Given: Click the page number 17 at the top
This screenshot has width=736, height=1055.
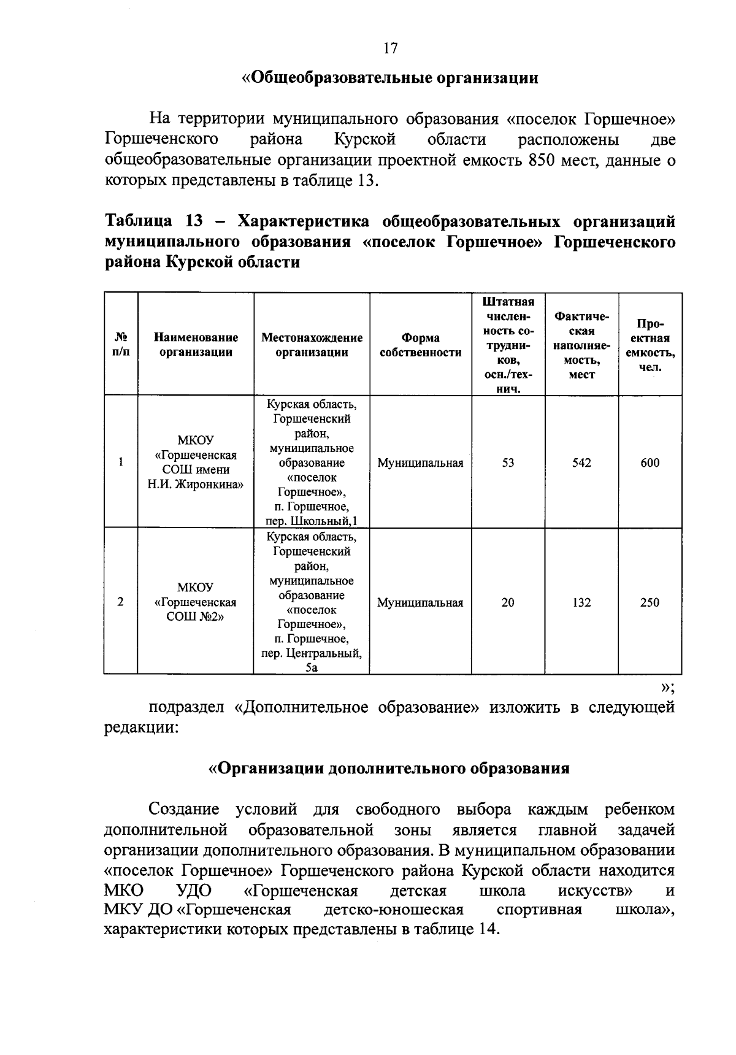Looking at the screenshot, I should pyautogui.click(x=391, y=48).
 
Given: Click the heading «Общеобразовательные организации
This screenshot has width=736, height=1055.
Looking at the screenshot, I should pyautogui.click(x=390, y=78).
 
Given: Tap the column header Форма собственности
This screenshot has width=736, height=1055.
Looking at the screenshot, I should pyautogui.click(x=420, y=345).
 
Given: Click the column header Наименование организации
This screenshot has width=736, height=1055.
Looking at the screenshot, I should pyautogui.click(x=196, y=345).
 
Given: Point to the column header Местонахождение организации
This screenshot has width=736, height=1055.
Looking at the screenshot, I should pyautogui.click(x=312, y=345).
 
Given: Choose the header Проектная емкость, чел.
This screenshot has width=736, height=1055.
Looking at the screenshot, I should pyautogui.click(x=650, y=345).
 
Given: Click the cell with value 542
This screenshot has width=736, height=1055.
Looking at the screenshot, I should pyautogui.click(x=581, y=462).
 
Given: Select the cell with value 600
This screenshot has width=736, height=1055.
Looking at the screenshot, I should pyautogui.click(x=650, y=462).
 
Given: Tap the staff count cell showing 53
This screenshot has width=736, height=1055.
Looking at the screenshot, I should pyautogui.click(x=508, y=462).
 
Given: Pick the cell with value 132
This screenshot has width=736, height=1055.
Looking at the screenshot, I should pyautogui.click(x=581, y=602).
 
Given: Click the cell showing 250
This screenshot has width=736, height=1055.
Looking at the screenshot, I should pyautogui.click(x=650, y=602).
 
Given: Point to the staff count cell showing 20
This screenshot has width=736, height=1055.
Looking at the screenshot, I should pyautogui.click(x=508, y=602).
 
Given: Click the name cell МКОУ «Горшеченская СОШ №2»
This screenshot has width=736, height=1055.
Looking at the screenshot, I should pyautogui.click(x=196, y=602).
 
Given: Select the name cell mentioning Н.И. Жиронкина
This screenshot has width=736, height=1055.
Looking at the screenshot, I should pyautogui.click(x=196, y=485).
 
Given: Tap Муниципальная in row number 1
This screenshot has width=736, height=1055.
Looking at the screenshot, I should pyautogui.click(x=420, y=462).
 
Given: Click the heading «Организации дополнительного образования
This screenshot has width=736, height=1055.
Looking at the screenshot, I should pyautogui.click(x=389, y=768).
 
